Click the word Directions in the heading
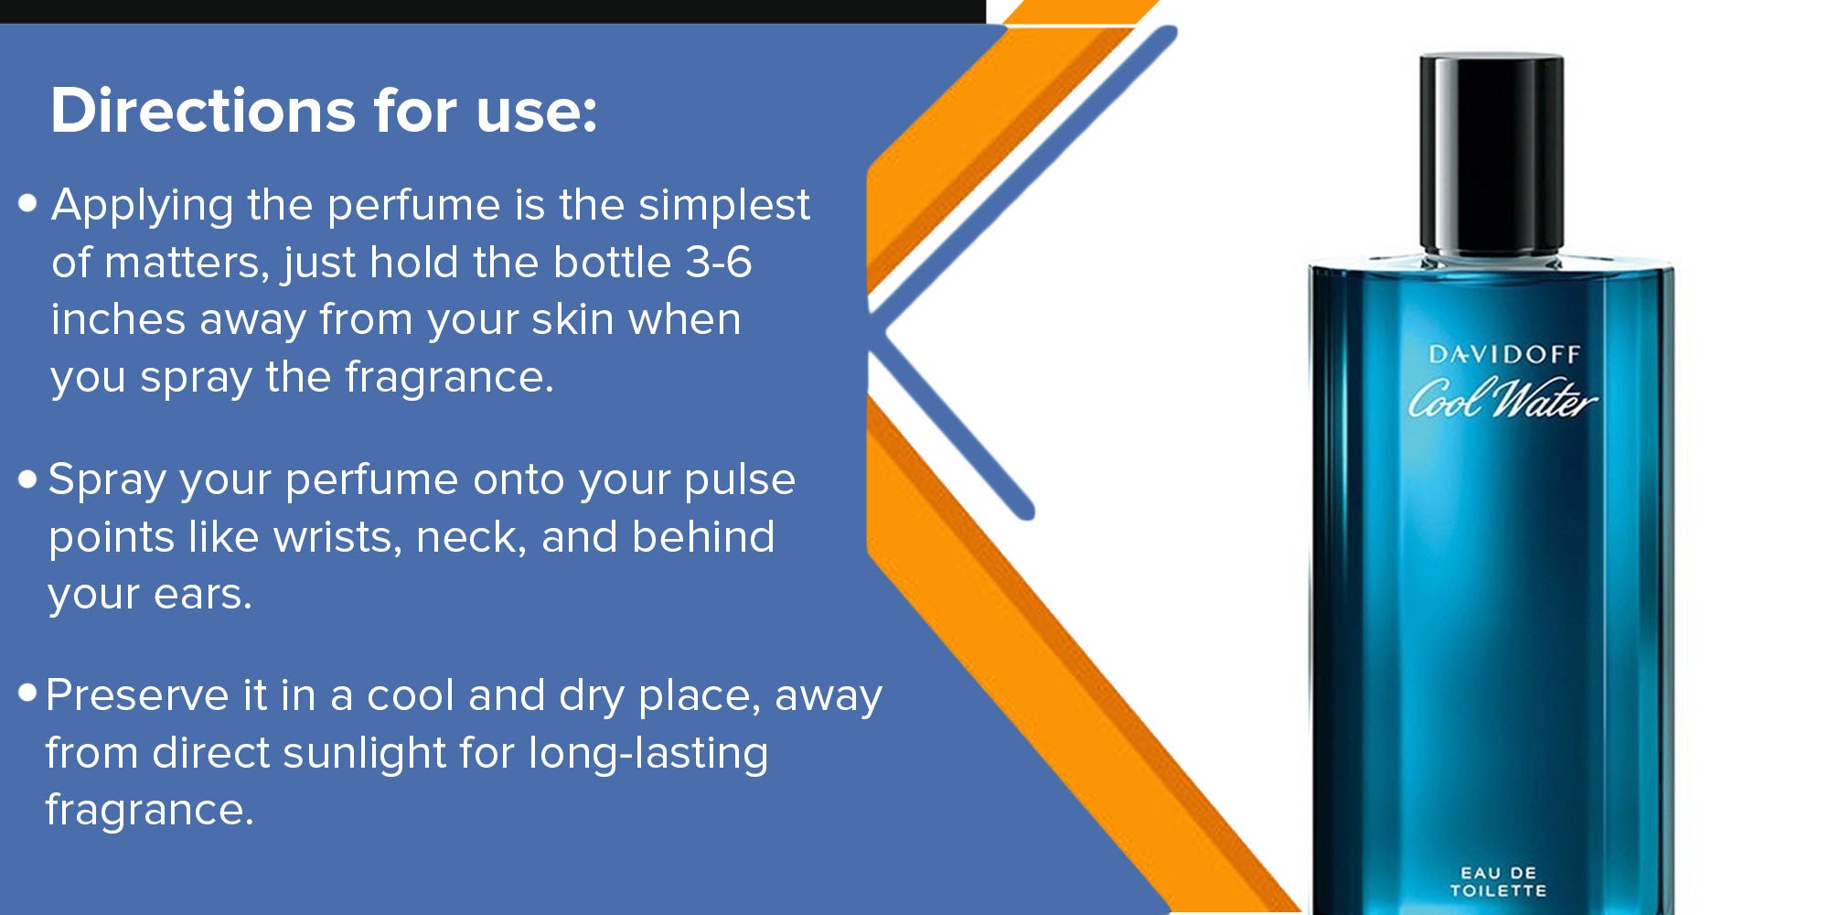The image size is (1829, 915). point(202,111)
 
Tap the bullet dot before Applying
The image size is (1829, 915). point(27,202)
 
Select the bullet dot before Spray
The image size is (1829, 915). point(27,479)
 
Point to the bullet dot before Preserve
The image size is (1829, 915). point(27,693)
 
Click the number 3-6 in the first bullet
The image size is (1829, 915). point(719,263)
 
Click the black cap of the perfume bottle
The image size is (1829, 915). point(1492,154)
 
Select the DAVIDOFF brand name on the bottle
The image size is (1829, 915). point(1504,354)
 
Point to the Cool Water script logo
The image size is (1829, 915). point(1502,398)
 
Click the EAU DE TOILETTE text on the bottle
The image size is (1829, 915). point(1498,881)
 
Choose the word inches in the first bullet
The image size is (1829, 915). point(119,320)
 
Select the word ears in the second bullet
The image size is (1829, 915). point(203,596)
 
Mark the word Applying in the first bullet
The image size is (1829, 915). point(143,206)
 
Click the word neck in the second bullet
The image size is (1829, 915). point(472,537)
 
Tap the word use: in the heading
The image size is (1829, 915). point(537,113)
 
